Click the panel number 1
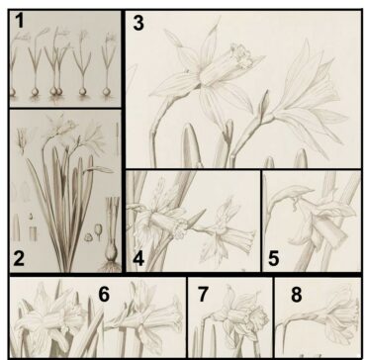coord(20,21)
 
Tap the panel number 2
coord(19,258)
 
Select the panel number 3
coord(138,23)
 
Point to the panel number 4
coord(138,258)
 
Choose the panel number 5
coord(273,258)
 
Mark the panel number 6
coord(104,294)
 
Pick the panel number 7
coord(203,294)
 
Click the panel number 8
coord(296,295)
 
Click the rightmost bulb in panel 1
coord(106,91)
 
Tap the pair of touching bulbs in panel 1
coord(55,91)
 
